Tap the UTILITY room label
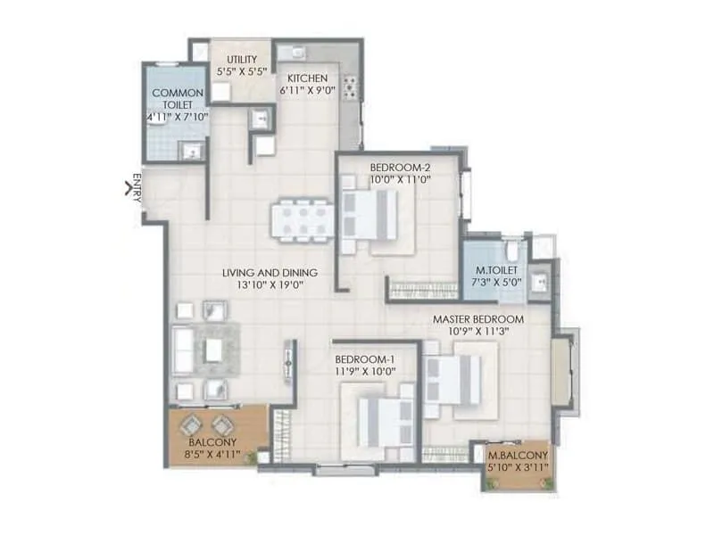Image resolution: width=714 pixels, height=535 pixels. [242, 60]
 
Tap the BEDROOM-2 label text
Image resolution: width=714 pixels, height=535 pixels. [400, 166]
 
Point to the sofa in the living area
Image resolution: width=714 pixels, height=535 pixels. [183, 350]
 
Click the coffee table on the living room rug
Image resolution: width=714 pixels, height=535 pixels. [213, 350]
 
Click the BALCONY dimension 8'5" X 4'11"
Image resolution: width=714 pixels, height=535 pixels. [212, 454]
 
